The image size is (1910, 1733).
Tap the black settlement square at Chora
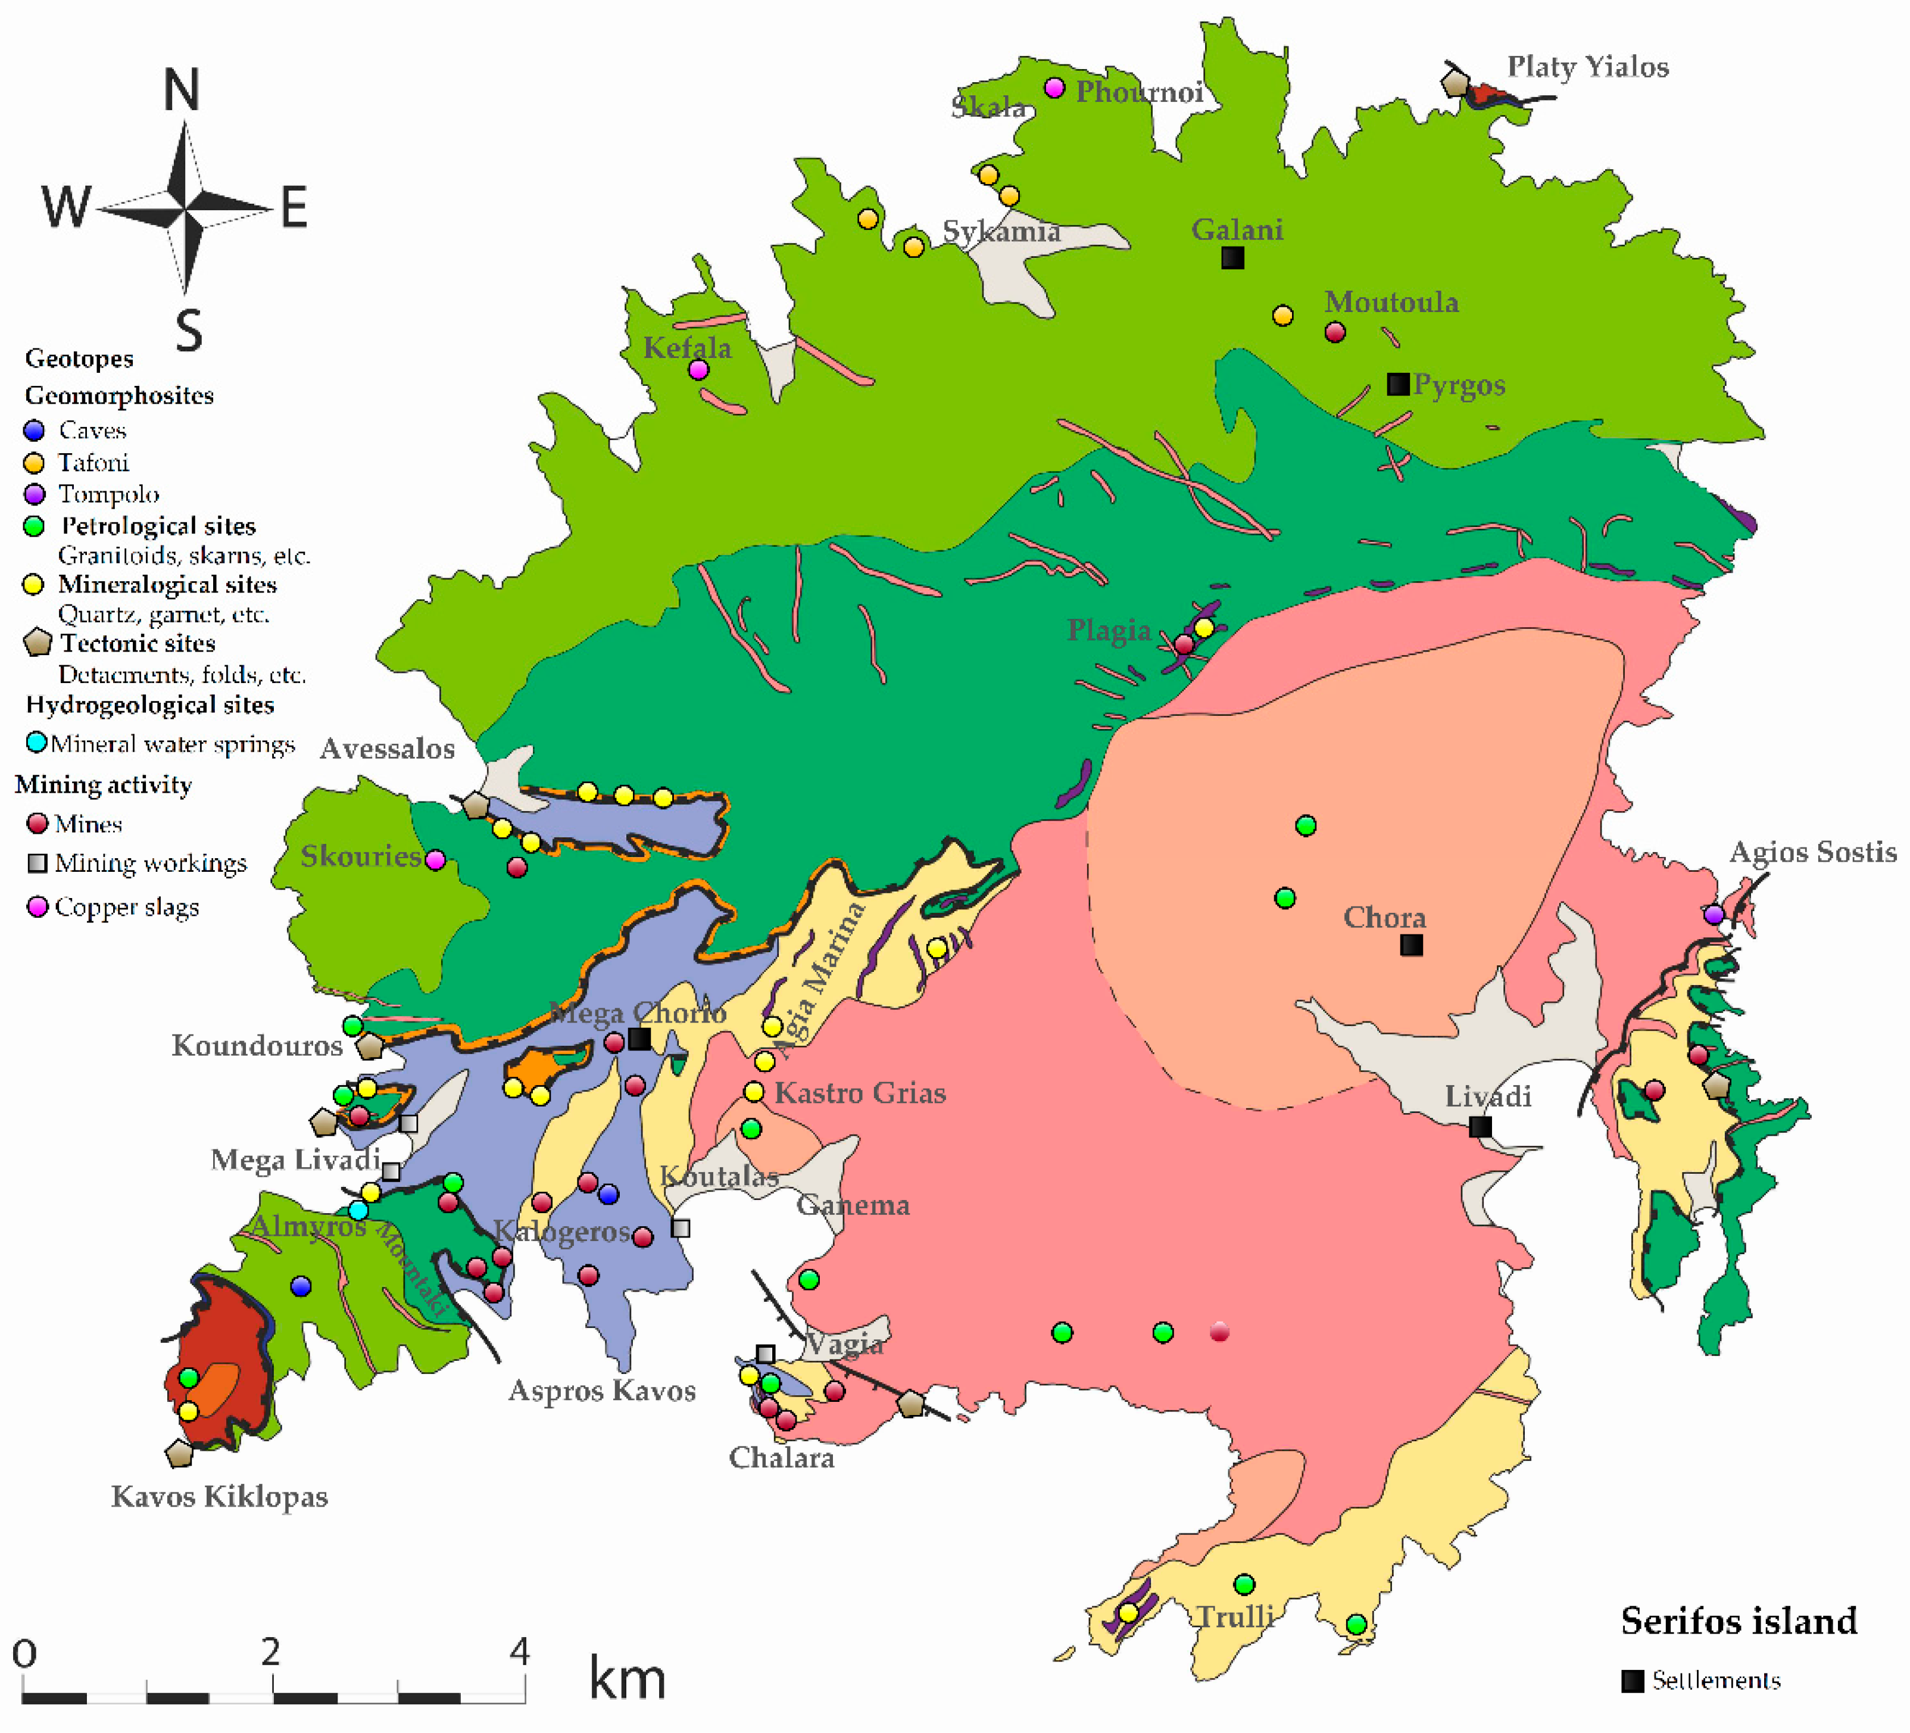[x=1410, y=945]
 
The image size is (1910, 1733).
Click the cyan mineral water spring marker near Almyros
[x=358, y=1210]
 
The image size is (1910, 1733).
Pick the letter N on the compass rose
[x=182, y=91]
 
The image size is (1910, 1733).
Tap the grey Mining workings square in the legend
[x=37, y=863]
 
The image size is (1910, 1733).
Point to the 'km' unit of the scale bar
[x=626, y=1678]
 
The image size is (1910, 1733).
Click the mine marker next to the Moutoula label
[x=1334, y=332]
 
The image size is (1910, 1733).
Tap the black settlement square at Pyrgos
[x=1397, y=384]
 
